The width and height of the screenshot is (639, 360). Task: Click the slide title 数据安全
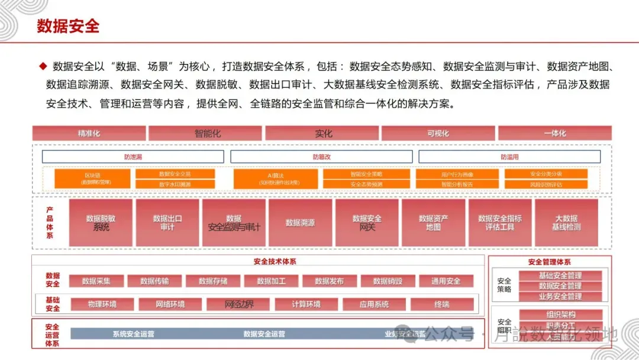pyautogui.click(x=68, y=26)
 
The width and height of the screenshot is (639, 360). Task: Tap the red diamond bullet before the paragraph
pyautogui.click(x=43, y=66)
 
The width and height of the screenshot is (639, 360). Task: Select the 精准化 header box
pyautogui.click(x=89, y=133)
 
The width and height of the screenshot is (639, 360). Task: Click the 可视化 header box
pyautogui.click(x=438, y=133)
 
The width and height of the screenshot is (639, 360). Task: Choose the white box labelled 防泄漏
pyautogui.click(x=133, y=157)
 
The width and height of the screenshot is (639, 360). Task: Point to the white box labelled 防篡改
pyautogui.click(x=321, y=157)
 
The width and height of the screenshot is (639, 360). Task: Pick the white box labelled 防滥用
pyautogui.click(x=509, y=157)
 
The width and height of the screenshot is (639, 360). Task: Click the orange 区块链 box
pyautogui.click(x=92, y=179)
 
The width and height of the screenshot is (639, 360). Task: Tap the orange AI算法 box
pyautogui.click(x=275, y=179)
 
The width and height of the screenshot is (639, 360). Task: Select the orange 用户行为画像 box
pyautogui.click(x=457, y=175)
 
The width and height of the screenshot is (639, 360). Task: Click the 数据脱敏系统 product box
pyautogui.click(x=101, y=223)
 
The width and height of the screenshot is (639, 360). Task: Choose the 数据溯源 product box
pyautogui.click(x=300, y=223)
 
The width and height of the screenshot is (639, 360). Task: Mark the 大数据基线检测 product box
pyautogui.click(x=566, y=223)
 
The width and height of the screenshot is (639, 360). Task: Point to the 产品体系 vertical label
pyautogui.click(x=50, y=223)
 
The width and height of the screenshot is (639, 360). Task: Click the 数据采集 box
pyautogui.click(x=96, y=281)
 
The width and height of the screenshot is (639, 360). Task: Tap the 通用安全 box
pyautogui.click(x=446, y=281)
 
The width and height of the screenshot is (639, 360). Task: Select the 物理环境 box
pyautogui.click(x=102, y=304)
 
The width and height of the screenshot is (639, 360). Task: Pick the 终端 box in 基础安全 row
pyautogui.click(x=441, y=304)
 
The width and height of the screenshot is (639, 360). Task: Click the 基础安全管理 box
pyautogui.click(x=560, y=276)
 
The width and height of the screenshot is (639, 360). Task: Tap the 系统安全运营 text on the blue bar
pyautogui.click(x=133, y=334)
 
